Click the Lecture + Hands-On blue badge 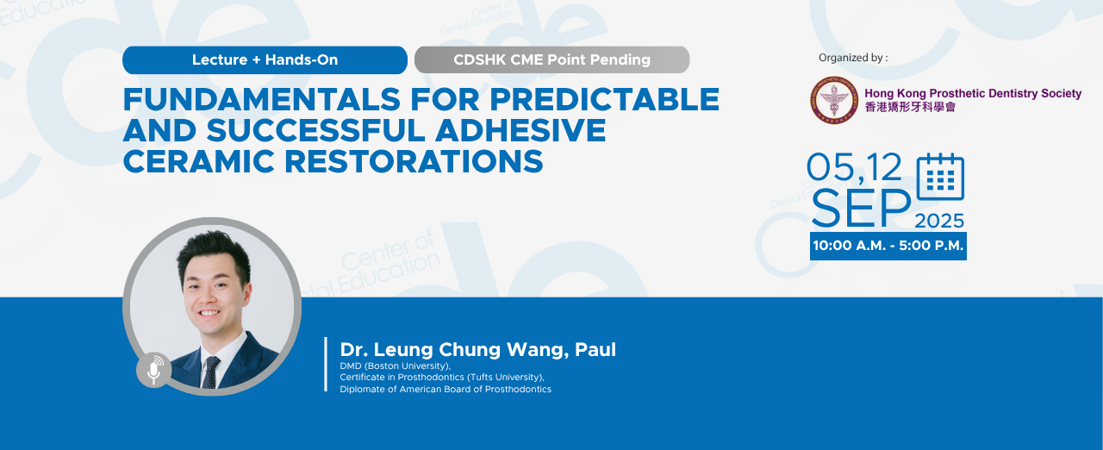pos(265,60)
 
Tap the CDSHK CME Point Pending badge pos(552,60)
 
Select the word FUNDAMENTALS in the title pos(262,99)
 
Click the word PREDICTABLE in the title pos(605,99)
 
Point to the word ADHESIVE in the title pos(520,130)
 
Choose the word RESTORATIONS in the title pos(414,161)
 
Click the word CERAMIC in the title pos(198,161)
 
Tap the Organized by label pos(853,58)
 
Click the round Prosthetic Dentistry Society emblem pos(834,100)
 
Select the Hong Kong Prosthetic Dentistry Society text pos(973,93)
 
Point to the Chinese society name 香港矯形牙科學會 pos(910,107)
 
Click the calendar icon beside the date pos(940,176)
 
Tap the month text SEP pos(861,209)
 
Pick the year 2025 pos(939,221)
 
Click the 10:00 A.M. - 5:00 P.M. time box pos(888,246)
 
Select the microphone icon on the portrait pos(154,370)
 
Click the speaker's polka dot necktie pos(211,372)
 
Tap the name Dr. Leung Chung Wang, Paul pos(477,349)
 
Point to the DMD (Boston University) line pos(396,366)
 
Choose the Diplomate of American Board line pos(446,389)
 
